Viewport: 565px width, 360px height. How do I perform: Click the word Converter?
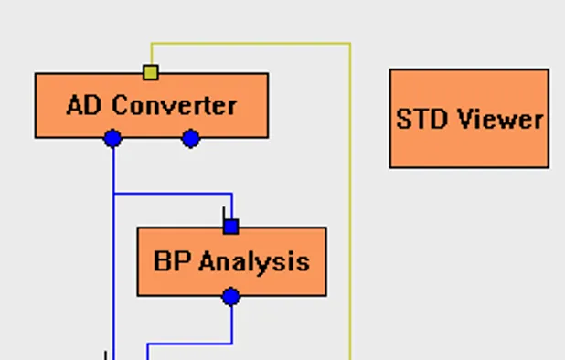175,105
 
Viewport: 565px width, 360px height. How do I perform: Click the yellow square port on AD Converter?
151,72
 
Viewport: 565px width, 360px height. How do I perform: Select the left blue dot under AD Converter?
112,138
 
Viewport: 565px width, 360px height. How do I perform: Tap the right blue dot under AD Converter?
190,138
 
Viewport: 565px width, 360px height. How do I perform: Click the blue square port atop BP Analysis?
231,226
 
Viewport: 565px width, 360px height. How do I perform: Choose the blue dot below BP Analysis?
231,297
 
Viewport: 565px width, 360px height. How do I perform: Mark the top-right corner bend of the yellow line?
350,43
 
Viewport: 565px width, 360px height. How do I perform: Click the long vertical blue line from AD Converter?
112,274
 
